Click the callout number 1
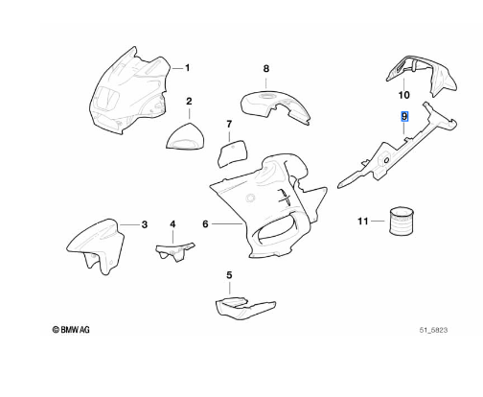pyautogui.click(x=188, y=68)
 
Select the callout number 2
pyautogui.click(x=189, y=102)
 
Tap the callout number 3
pyautogui.click(x=145, y=224)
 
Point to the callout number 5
pyautogui.click(x=229, y=275)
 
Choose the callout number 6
pyautogui.click(x=205, y=224)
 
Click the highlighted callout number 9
pyautogui.click(x=404, y=116)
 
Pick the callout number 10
pyautogui.click(x=403, y=95)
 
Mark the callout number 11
pyautogui.click(x=363, y=221)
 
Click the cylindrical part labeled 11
pyautogui.click(x=402, y=222)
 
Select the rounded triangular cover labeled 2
pyautogui.click(x=186, y=137)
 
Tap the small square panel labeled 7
pyautogui.click(x=232, y=153)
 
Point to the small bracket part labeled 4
pyautogui.click(x=174, y=252)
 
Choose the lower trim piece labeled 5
pyautogui.click(x=244, y=308)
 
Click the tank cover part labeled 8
pyautogui.click(x=275, y=107)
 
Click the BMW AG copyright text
pyautogui.click(x=71, y=330)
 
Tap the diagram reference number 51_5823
pyautogui.click(x=433, y=330)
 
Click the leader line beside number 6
pyautogui.click(x=227, y=224)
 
